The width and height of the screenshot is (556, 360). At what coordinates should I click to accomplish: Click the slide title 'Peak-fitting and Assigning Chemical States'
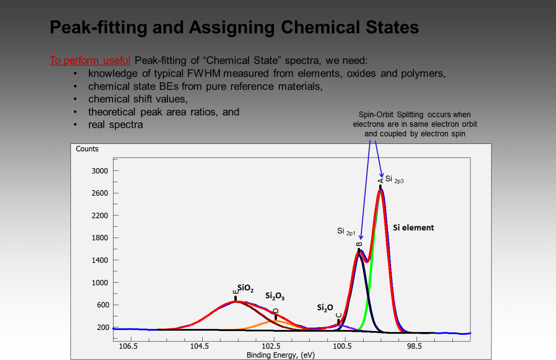coord(234,27)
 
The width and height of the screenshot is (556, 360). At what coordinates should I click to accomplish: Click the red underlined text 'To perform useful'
coord(90,60)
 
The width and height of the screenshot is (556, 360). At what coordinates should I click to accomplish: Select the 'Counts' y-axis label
coord(87,149)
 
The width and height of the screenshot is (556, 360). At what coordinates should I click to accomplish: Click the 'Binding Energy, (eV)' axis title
coord(281,355)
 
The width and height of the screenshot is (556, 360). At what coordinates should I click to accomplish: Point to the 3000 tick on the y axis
coord(100,171)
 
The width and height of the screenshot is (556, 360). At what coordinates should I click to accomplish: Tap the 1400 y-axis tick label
coord(100,260)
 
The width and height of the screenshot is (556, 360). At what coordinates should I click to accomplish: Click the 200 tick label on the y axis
coord(103,327)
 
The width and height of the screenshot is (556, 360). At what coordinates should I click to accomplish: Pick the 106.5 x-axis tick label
coord(128,346)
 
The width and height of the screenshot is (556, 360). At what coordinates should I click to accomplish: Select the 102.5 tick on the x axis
coord(271,346)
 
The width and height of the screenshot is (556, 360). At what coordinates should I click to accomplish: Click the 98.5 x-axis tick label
coord(414,346)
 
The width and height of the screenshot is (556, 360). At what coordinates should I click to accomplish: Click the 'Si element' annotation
coord(413,228)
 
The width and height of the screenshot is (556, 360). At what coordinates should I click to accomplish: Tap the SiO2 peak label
coord(245,288)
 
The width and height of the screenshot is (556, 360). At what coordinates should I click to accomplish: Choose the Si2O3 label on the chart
coord(275,296)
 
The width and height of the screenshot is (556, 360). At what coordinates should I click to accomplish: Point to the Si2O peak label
coord(325,308)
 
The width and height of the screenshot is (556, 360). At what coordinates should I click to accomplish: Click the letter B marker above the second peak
coord(359,244)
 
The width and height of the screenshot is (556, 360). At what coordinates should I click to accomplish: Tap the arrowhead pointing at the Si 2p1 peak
coord(361,237)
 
